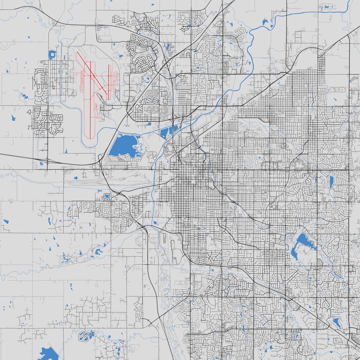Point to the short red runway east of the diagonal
click(110, 77)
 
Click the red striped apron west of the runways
click(82, 82)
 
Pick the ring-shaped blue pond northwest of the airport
click(52, 55)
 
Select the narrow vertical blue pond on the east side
click(331, 181)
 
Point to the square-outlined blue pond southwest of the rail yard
click(107, 196)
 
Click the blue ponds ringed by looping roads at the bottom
click(85, 336)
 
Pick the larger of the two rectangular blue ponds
click(164, 133)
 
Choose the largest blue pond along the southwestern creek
click(98, 251)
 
